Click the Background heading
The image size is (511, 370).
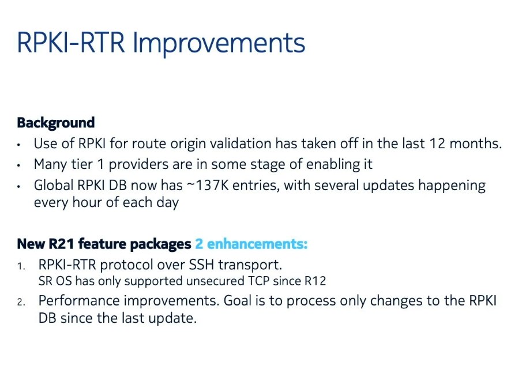coord(56,123)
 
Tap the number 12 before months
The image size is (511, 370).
coord(437,144)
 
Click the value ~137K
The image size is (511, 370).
coord(208,186)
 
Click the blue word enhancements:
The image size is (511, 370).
coord(257,244)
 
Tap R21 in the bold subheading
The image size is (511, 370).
coord(61,244)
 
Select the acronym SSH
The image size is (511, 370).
coord(201,265)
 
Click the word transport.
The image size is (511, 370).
coord(250,265)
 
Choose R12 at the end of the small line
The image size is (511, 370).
coord(315,281)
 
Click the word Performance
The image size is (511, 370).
coord(79,301)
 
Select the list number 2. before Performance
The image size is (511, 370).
coord(21,303)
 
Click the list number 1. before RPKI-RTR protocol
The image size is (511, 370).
coord(21,267)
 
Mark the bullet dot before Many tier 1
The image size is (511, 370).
coord(19,166)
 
